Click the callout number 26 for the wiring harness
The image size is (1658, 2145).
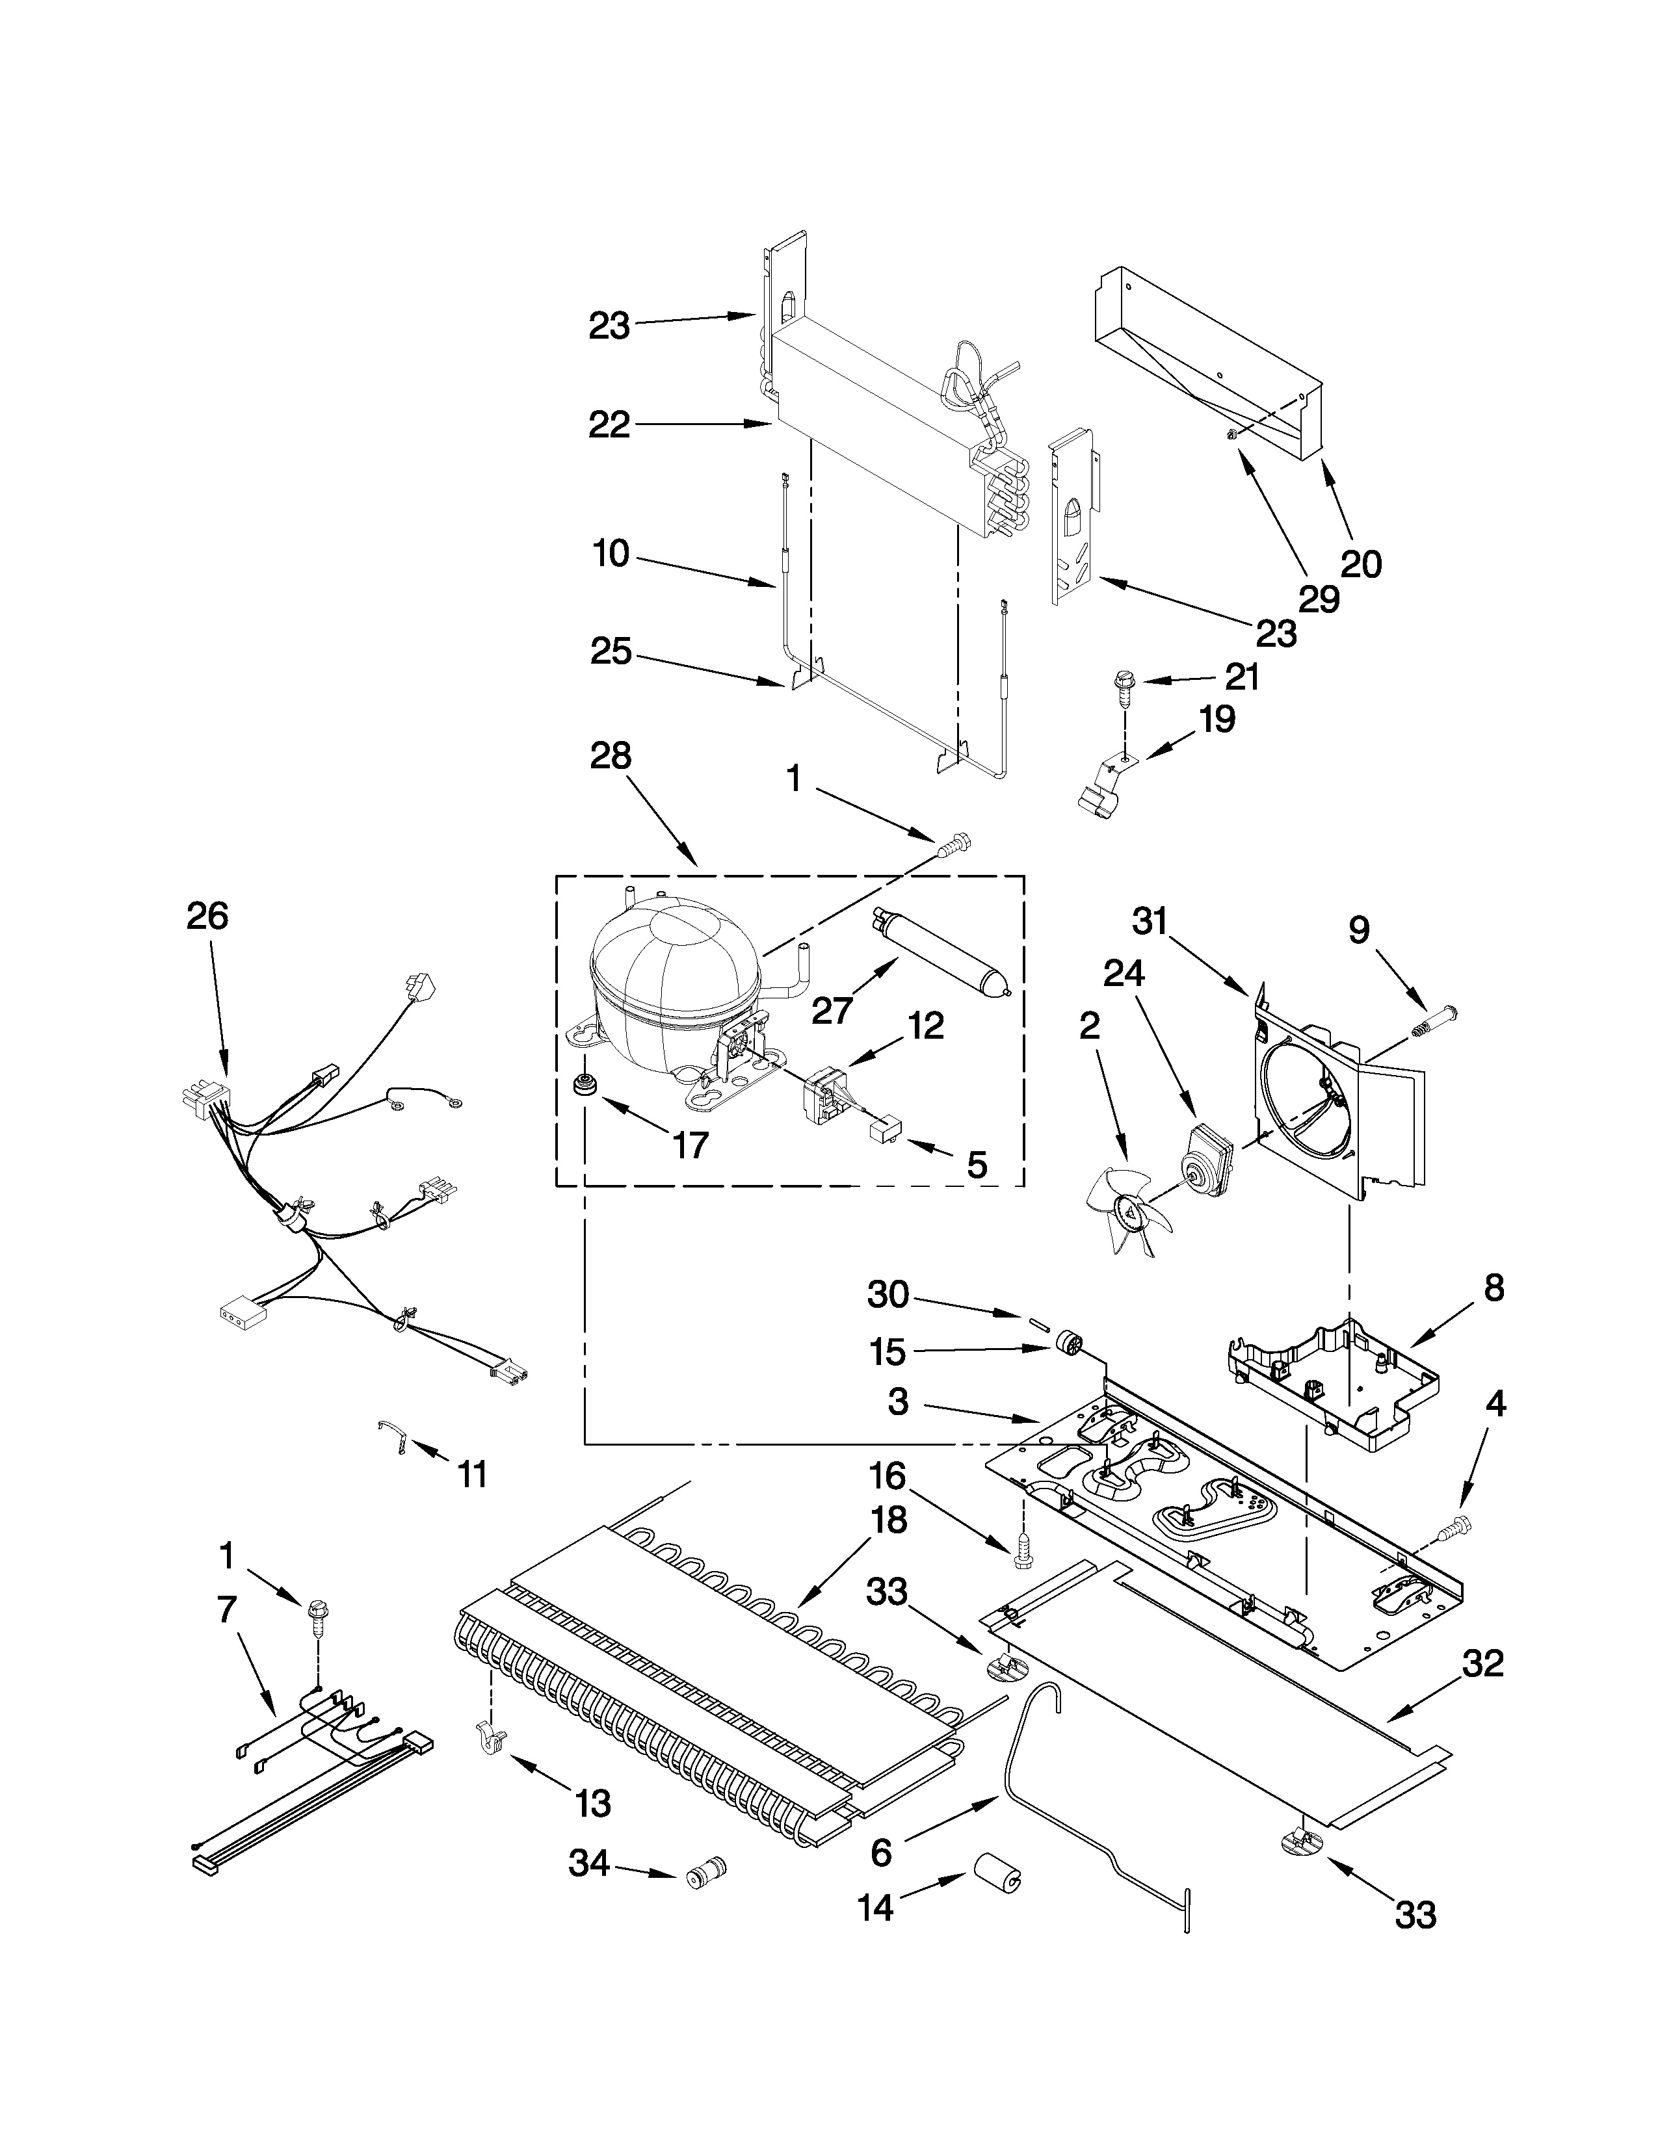pyautogui.click(x=207, y=916)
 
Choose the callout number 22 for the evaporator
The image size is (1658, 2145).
pyautogui.click(x=609, y=425)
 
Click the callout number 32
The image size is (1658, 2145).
pyautogui.click(x=1482, y=1665)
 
